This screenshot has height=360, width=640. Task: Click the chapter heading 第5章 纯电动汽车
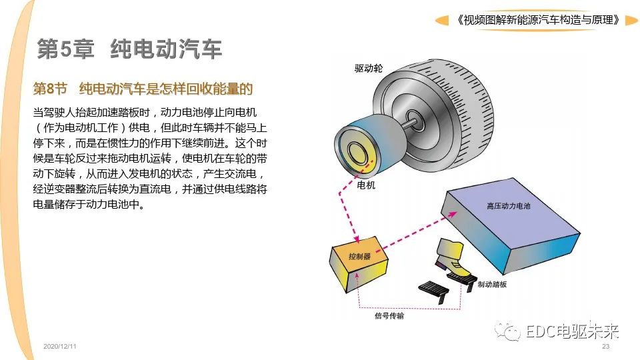click(x=129, y=49)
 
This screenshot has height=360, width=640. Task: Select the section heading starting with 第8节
click(x=143, y=89)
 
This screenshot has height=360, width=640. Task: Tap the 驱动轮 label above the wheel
click(x=369, y=68)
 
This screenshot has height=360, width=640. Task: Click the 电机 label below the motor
click(x=366, y=185)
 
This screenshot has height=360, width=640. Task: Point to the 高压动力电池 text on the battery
click(x=508, y=206)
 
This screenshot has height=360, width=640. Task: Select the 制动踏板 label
click(x=492, y=284)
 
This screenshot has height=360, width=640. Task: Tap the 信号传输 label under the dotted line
click(x=389, y=315)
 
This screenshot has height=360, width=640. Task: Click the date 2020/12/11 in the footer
click(x=59, y=346)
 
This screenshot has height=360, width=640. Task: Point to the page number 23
click(x=606, y=346)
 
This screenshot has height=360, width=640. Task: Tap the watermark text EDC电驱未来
click(x=572, y=331)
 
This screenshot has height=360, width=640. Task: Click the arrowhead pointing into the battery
click(x=452, y=213)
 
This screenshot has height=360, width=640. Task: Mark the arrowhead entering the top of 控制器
click(x=356, y=239)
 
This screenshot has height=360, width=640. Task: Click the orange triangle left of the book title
click(x=442, y=20)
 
